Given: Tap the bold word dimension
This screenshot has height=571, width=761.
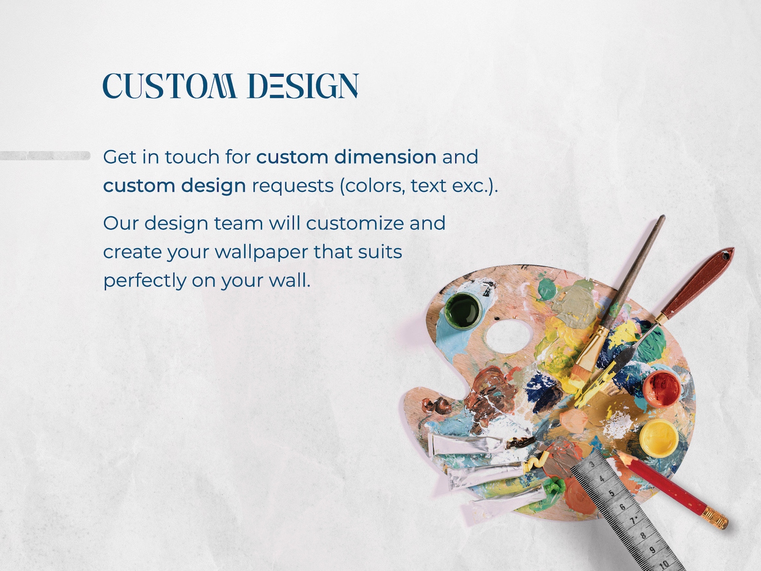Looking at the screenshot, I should [x=385, y=157].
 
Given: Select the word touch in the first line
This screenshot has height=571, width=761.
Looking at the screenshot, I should [x=192, y=157].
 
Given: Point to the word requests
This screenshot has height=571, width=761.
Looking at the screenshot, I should [x=292, y=186].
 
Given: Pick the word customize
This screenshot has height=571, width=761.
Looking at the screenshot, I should [x=355, y=223].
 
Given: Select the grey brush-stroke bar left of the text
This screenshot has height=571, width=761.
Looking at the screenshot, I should [x=45, y=156].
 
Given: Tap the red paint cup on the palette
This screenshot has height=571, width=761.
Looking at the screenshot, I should [x=661, y=387].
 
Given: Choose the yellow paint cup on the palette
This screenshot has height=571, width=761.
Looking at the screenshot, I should [x=658, y=437].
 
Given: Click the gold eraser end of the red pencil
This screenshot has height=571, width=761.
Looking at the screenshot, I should [x=715, y=519].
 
